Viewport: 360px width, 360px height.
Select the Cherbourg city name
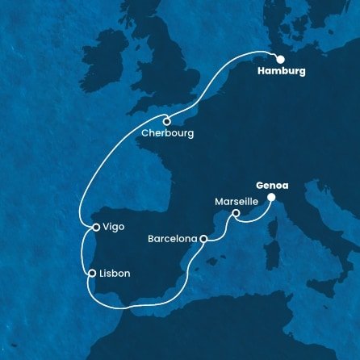click(x=167, y=133)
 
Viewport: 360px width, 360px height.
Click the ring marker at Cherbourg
click(x=166, y=121)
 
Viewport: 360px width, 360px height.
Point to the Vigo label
click(x=113, y=228)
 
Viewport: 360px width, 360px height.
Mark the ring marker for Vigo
click(x=95, y=228)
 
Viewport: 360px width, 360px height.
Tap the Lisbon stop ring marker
click(x=93, y=273)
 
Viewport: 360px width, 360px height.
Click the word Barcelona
click(x=173, y=239)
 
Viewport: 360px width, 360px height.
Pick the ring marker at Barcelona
click(x=204, y=239)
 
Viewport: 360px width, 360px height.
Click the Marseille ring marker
click(x=236, y=214)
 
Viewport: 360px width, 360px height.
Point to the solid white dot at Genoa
click(x=272, y=196)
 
